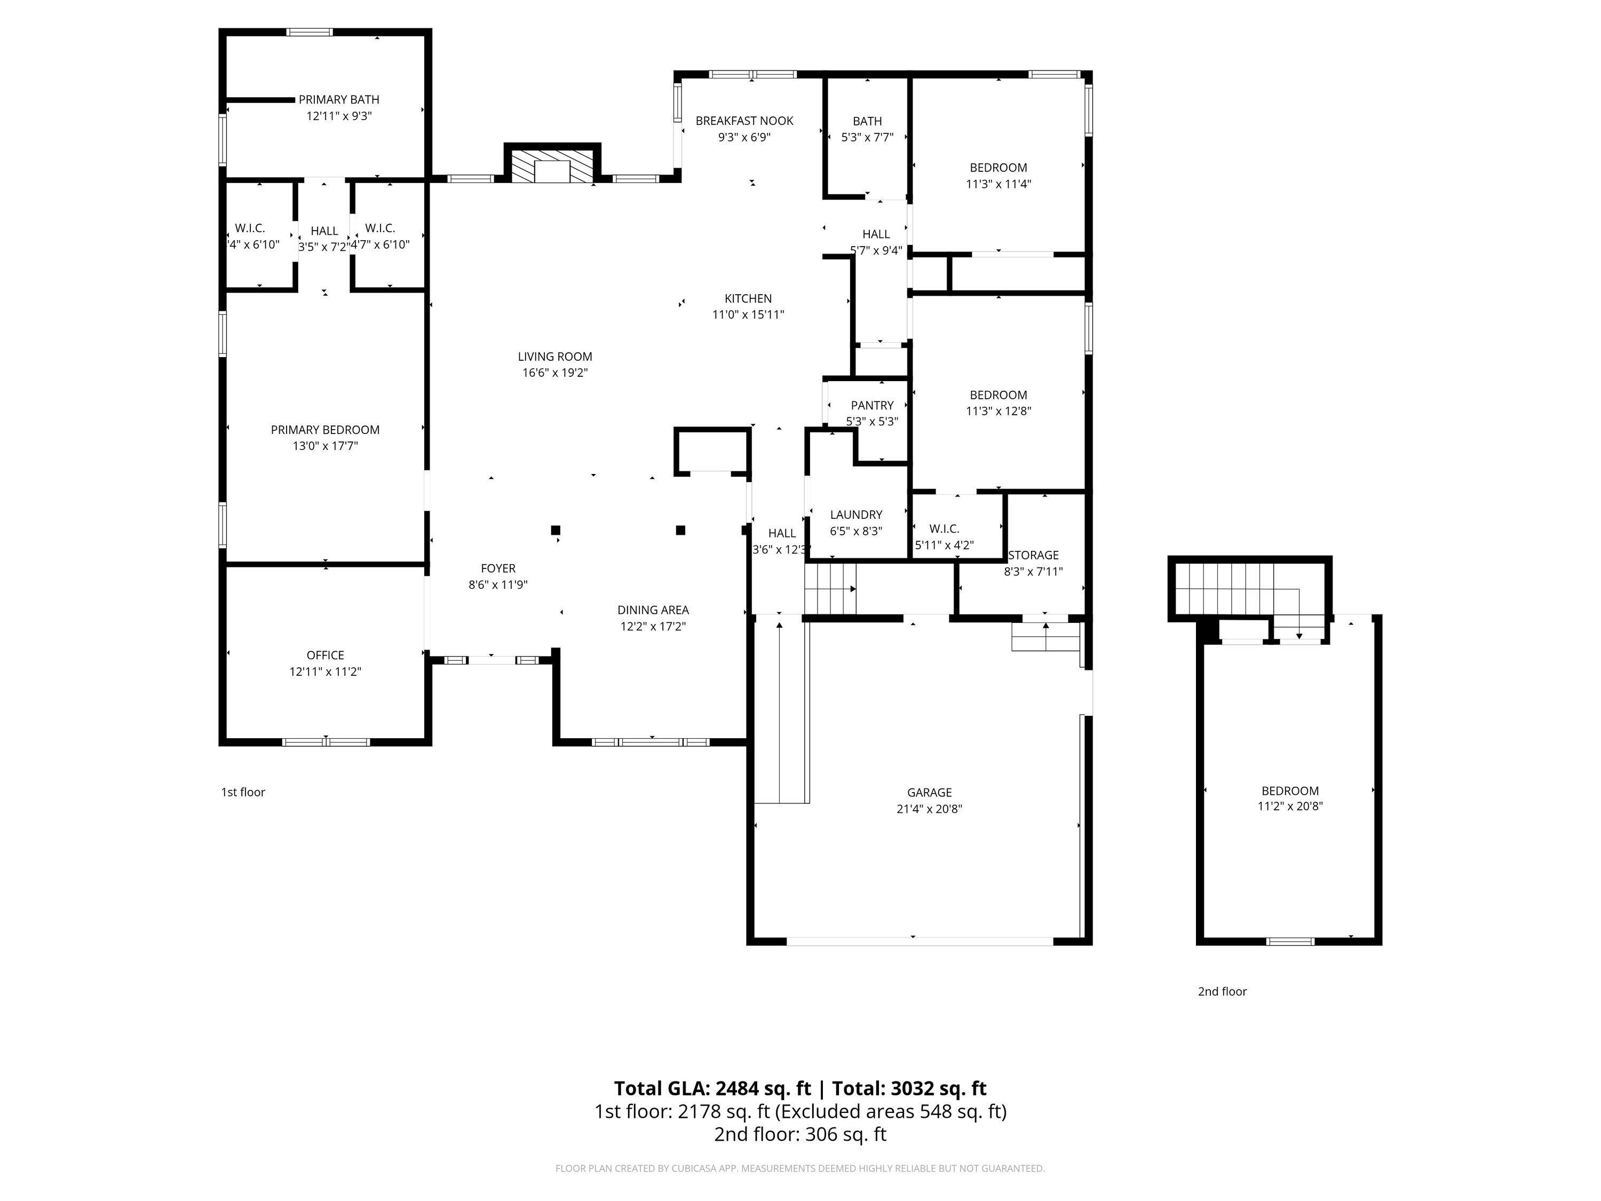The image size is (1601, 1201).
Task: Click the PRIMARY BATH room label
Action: pyautogui.click(x=339, y=100)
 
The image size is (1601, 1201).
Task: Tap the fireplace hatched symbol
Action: pyautogui.click(x=553, y=166)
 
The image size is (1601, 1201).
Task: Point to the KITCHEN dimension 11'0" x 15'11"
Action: pyautogui.click(x=748, y=315)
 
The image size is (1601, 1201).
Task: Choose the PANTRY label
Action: pyautogui.click(x=872, y=405)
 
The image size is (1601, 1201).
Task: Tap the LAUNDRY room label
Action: pyautogui.click(x=856, y=515)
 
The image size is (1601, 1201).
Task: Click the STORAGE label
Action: pyautogui.click(x=1034, y=555)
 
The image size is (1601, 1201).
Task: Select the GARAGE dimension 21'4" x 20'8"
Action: pyautogui.click(x=929, y=809)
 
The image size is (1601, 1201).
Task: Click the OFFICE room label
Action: pyautogui.click(x=325, y=655)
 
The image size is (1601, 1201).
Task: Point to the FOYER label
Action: pyautogui.click(x=498, y=569)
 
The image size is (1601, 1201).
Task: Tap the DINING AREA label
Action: pyautogui.click(x=653, y=610)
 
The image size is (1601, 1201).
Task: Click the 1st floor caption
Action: pyautogui.click(x=243, y=793)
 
